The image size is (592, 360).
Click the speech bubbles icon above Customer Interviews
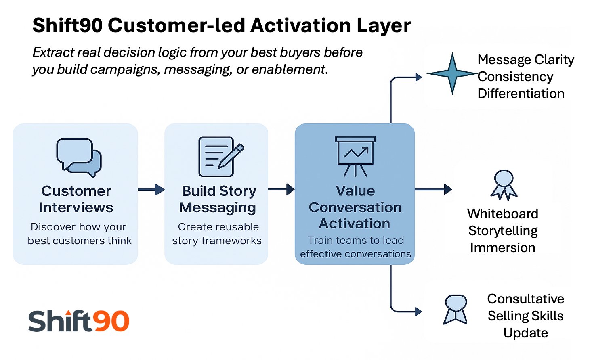79,157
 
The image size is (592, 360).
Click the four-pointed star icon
452,74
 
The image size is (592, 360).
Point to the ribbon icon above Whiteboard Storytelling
504,185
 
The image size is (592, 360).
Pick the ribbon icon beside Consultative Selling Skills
456,310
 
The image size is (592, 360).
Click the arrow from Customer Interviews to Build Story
151,189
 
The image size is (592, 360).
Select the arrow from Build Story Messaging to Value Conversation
281,189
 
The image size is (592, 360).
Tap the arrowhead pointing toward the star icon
418,77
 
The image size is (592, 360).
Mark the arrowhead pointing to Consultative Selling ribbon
418,312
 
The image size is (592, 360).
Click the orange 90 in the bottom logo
111,322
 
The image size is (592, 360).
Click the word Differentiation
521,94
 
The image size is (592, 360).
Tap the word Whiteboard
502,213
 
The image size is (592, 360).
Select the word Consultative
525,299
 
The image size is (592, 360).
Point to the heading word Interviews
76,207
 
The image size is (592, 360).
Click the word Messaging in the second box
217,207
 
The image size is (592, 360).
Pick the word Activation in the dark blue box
355,224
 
